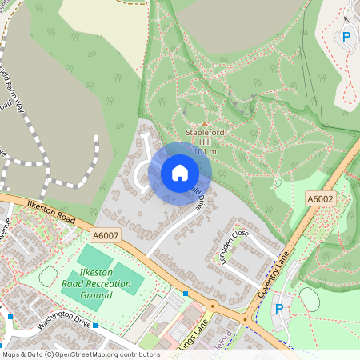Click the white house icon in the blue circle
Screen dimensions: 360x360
pyautogui.click(x=180, y=173)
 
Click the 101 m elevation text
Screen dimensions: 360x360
pyautogui.click(x=206, y=151)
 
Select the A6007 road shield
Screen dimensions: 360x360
pyautogui.click(x=104, y=235)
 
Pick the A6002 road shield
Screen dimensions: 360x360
pyautogui.click(x=318, y=198)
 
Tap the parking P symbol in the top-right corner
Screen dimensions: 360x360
pyautogui.click(x=346, y=36)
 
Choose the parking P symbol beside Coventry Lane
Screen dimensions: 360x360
pyautogui.click(x=279, y=309)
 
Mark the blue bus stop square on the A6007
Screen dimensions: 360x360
pyautogui.click(x=186, y=294)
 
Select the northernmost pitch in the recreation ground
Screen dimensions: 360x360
pyautogui.click(x=94, y=259)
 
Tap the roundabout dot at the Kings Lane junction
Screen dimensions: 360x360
pyautogui.click(x=213, y=305)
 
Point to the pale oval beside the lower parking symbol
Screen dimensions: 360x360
pyautogui.click(x=309, y=299)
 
